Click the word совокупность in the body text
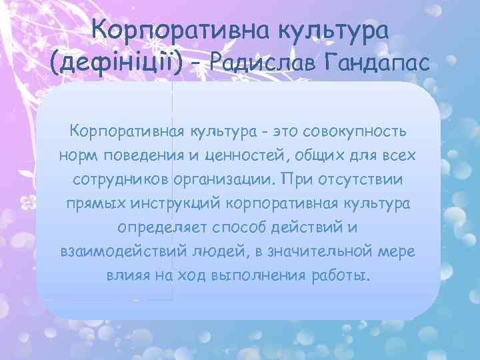356,131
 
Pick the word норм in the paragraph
79,155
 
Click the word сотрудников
119,180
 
